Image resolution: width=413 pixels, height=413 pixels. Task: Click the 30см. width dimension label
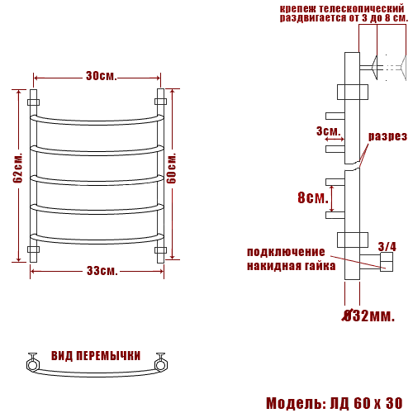(x=102, y=76)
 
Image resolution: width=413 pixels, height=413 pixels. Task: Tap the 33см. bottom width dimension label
(x=102, y=271)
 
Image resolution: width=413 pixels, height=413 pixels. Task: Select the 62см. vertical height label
(x=17, y=168)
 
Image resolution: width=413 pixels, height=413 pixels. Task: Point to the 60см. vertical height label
(x=171, y=168)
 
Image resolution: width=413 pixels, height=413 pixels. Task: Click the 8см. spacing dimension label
(x=313, y=197)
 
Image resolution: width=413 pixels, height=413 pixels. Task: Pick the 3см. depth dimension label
(x=329, y=131)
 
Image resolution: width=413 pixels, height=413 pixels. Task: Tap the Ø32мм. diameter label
(x=368, y=316)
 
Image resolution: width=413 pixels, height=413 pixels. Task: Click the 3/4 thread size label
(x=387, y=246)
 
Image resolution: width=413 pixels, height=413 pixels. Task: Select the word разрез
(x=387, y=136)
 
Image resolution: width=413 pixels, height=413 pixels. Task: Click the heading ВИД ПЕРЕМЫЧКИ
(x=96, y=356)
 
